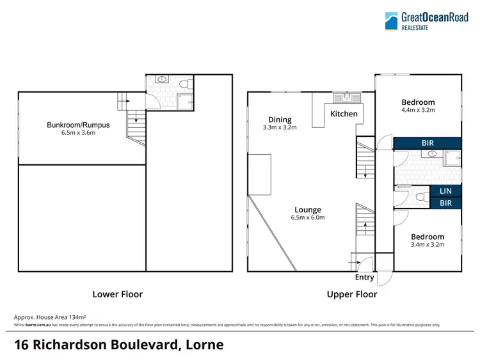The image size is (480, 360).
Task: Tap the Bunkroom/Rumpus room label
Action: click(78, 125)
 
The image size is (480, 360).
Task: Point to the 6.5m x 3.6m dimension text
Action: click(78, 134)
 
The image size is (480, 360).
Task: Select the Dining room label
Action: click(280, 120)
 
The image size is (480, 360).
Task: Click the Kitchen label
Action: click(344, 114)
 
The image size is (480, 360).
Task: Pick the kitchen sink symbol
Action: click(346, 97)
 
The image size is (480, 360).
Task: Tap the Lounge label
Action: click(308, 210)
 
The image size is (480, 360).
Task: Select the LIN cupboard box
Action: click(445, 191)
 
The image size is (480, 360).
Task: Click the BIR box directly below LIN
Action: click(445, 203)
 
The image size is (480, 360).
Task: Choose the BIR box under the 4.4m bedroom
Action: click(427, 144)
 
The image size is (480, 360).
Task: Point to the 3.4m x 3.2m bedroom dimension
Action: click(428, 244)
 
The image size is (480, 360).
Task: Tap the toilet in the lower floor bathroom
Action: click(184, 84)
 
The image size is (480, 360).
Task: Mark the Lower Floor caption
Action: click(118, 294)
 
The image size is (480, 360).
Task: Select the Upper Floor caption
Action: click(352, 294)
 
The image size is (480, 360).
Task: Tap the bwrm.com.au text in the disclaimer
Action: click(37, 325)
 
